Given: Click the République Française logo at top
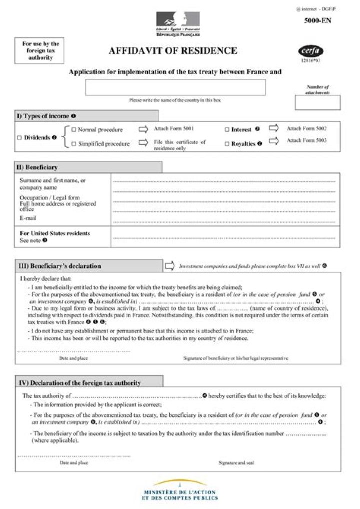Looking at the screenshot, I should [x=178, y=24].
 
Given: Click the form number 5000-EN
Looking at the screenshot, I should [x=317, y=21].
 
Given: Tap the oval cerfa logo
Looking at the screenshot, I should [x=311, y=52].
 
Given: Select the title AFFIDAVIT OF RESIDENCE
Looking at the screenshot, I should [x=173, y=51].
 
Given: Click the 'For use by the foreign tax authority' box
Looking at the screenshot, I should [x=41, y=51].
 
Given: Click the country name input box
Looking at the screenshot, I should [x=175, y=87].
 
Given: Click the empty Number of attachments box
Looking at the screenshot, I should [x=317, y=102].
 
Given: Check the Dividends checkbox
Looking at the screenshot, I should [x=19, y=137].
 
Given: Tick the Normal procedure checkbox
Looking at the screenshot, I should [x=73, y=130].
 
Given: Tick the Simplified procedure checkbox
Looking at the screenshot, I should [x=73, y=144].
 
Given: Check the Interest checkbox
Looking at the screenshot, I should [x=227, y=130].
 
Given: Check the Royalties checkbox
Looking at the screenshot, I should [x=227, y=144].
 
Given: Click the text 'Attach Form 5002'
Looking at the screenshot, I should [x=306, y=129].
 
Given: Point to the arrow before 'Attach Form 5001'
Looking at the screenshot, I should [x=143, y=129].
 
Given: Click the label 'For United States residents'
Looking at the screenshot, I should [x=55, y=233].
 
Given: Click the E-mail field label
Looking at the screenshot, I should [x=28, y=218].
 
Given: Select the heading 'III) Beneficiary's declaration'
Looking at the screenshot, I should [x=60, y=266].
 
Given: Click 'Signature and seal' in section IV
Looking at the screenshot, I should [x=236, y=463].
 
